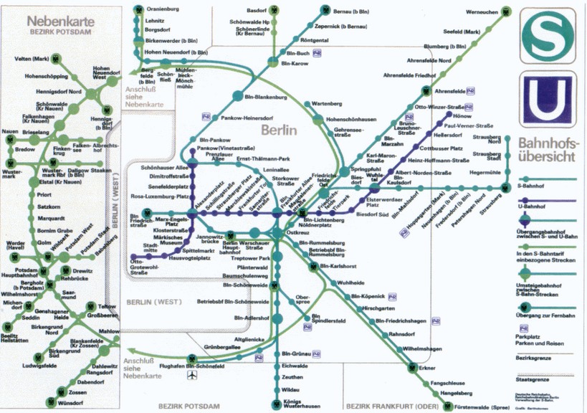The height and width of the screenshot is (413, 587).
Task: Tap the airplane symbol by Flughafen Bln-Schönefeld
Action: [191, 375]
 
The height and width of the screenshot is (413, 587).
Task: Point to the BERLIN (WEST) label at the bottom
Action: [148, 303]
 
